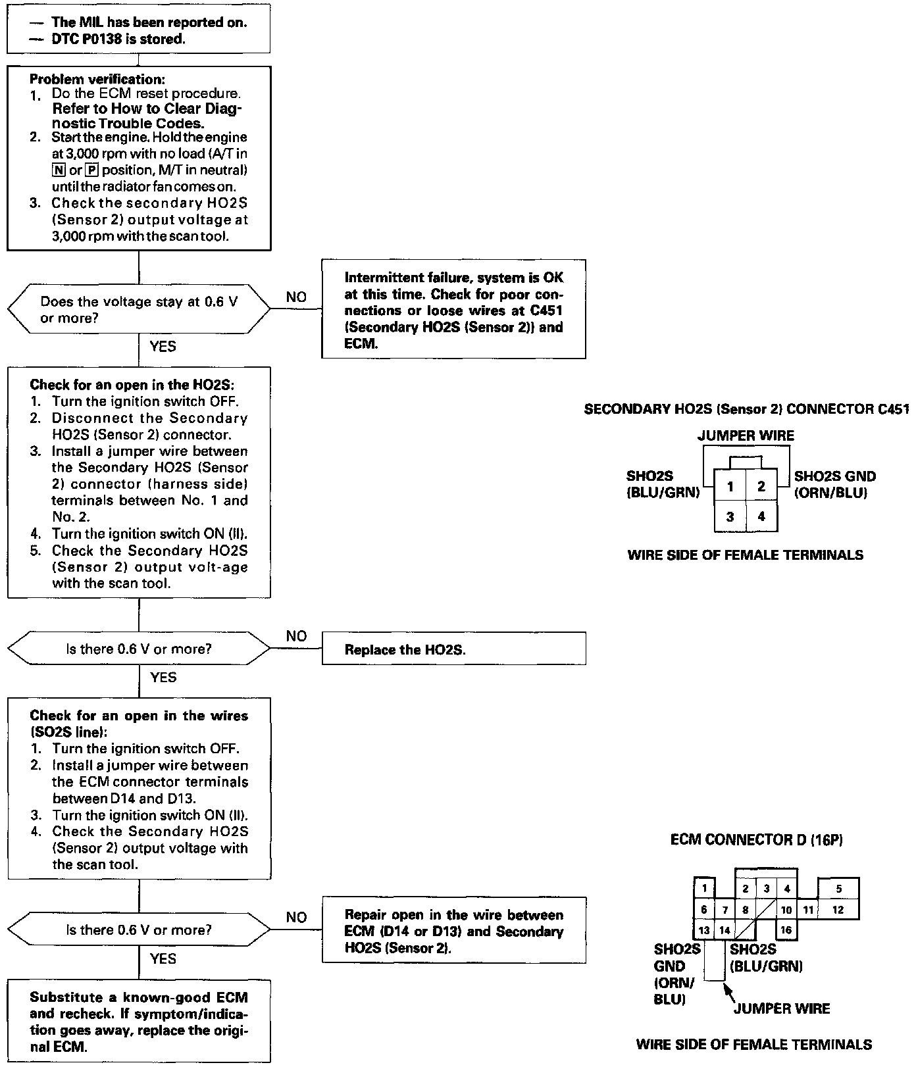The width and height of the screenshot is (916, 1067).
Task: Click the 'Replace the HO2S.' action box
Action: point(453,649)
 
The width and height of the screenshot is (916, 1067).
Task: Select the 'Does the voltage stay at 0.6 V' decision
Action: point(139,309)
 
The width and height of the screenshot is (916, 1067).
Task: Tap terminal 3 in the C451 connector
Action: point(730,517)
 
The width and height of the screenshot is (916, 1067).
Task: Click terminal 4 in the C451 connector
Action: point(761,517)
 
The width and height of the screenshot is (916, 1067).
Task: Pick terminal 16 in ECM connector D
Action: point(786,930)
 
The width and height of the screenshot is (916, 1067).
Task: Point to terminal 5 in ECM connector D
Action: point(838,889)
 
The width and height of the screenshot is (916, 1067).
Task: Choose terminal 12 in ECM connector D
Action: point(838,910)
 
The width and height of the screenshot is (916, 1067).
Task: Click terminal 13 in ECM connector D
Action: point(704,930)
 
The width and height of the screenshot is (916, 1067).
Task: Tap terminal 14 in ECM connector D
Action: point(725,930)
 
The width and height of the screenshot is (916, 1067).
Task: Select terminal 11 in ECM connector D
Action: point(808,910)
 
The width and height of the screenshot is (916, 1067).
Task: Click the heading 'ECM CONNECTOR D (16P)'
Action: point(757,840)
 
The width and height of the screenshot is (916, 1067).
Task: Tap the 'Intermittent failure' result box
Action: point(453,310)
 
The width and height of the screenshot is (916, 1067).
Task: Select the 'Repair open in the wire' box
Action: point(453,931)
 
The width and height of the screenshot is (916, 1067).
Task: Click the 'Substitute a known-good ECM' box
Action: point(139,1022)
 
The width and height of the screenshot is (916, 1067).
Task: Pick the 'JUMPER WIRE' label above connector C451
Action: point(746,435)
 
